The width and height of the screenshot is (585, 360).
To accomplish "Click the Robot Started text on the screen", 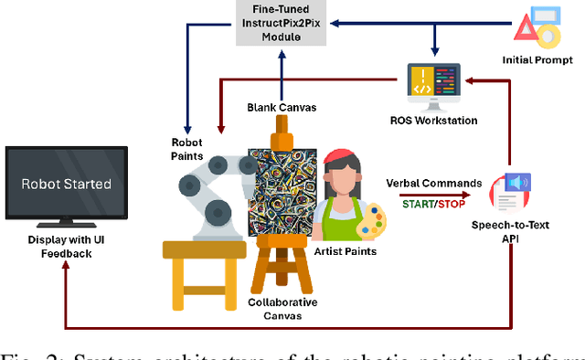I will (67, 184).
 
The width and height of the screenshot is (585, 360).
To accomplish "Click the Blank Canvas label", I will (282, 107).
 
